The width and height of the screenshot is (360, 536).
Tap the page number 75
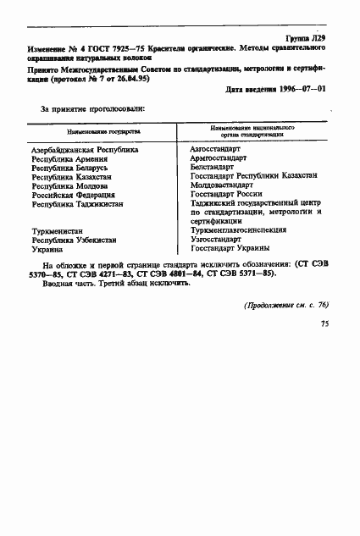pos(324,323)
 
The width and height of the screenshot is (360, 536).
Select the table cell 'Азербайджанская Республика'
pos(84,149)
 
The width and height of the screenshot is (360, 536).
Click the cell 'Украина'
pos(47,249)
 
